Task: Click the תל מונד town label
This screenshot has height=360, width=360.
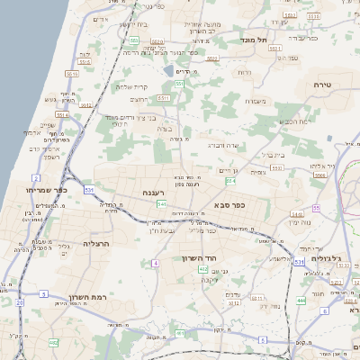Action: point(255,40)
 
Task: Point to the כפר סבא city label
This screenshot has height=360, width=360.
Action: point(231,205)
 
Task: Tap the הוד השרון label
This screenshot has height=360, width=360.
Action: point(212,257)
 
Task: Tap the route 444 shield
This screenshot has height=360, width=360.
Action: point(301,300)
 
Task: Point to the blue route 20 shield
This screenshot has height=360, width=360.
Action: point(20,303)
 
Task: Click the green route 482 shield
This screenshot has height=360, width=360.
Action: point(54,343)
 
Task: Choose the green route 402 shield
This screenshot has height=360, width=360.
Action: point(203,269)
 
